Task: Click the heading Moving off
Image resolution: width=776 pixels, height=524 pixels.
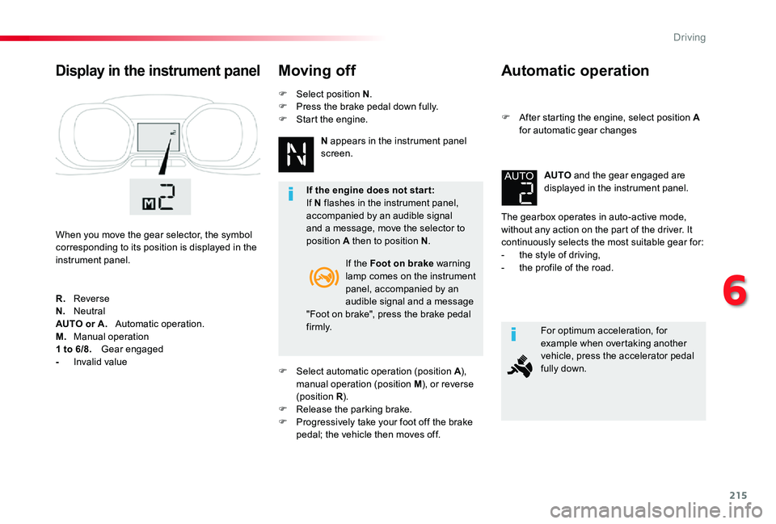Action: click(317, 71)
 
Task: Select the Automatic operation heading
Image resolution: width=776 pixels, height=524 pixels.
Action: click(575, 71)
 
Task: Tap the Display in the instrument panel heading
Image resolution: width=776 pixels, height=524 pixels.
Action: click(158, 71)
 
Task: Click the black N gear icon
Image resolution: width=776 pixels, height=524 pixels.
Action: click(296, 154)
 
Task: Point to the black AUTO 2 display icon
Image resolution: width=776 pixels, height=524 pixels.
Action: click(519, 188)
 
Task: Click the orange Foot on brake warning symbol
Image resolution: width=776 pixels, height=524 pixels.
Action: click(323, 277)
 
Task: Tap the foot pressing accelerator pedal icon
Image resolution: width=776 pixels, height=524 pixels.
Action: click(520, 367)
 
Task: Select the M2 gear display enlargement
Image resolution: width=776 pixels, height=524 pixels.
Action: click(160, 197)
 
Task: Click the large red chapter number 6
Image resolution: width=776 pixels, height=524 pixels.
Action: click(735, 291)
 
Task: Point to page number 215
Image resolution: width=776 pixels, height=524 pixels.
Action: click(738, 495)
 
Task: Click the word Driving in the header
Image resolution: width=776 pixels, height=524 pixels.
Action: click(690, 38)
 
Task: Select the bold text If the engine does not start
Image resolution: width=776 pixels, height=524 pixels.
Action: click(370, 191)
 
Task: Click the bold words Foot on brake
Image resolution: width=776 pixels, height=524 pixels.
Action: click(402, 263)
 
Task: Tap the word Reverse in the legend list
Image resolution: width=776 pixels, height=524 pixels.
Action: click(91, 299)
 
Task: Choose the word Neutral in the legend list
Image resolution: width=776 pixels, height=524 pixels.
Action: click(90, 312)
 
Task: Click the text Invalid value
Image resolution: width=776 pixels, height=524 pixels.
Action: click(100, 362)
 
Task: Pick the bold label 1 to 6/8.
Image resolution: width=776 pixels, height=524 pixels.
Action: click(74, 349)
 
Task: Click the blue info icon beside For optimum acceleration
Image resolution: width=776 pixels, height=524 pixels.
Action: click(514, 335)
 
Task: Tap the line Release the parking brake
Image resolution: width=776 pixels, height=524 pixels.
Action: click(354, 409)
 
